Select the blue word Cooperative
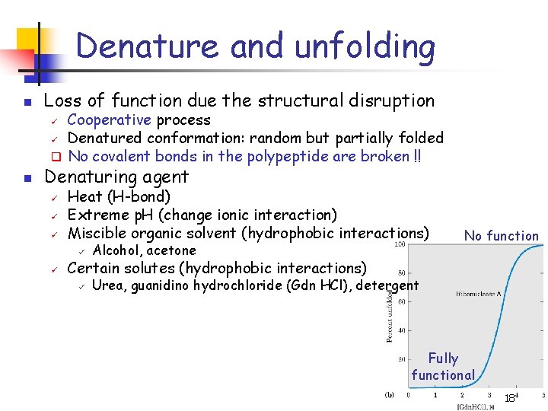[109, 120]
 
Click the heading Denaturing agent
[116, 177]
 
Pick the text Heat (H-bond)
[119, 197]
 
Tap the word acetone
[171, 250]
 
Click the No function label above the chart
[502, 236]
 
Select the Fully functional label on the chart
[443, 366]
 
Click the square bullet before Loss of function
[26, 102]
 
